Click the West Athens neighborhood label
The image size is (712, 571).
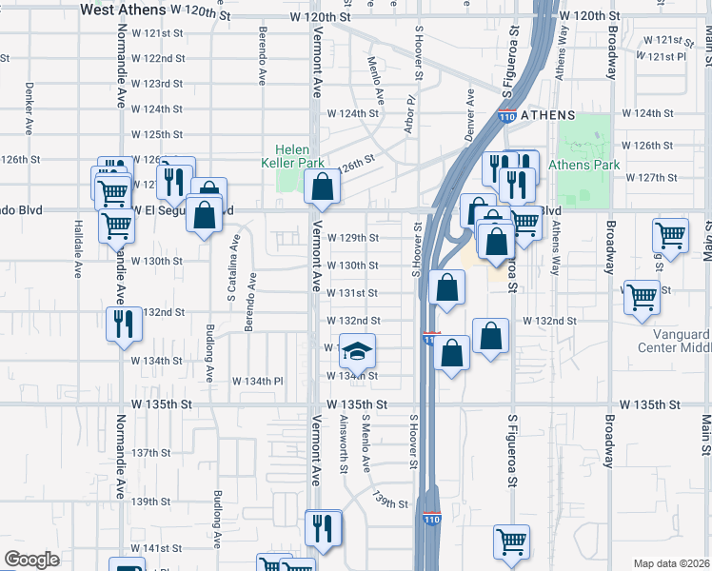pos(122,10)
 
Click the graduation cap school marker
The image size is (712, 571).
pos(357,351)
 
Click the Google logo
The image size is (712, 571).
pos(31,560)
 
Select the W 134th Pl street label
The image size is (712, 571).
pos(258,381)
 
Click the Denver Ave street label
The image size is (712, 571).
pos(469,112)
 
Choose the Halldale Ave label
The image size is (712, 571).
pos(78,244)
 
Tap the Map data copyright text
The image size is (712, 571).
pos(671,563)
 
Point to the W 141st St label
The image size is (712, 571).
pos(156,549)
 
